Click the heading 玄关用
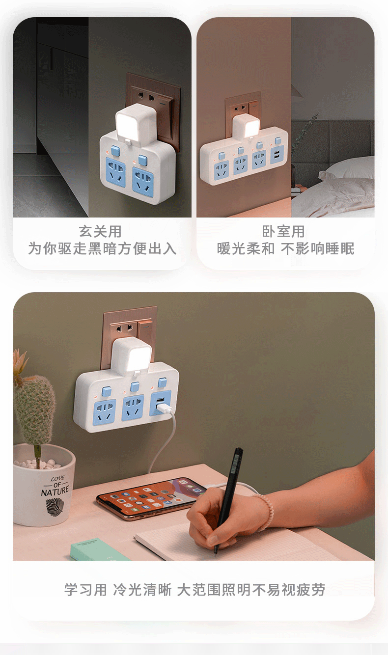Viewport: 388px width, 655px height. (100, 231)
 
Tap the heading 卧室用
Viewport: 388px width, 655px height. (283, 231)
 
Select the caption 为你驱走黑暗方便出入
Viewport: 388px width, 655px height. (102, 248)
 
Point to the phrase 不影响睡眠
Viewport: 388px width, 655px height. (318, 248)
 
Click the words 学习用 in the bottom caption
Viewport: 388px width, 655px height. (85, 590)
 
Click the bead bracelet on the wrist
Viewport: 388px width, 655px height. (265, 512)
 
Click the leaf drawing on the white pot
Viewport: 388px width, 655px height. (54, 506)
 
